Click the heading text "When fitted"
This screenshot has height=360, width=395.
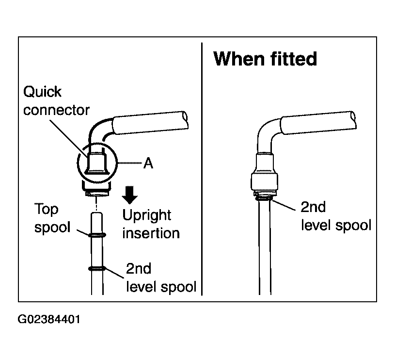click(265, 59)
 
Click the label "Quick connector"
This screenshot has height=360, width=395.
click(56, 101)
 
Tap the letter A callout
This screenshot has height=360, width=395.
click(148, 163)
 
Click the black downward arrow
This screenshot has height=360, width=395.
click(129, 195)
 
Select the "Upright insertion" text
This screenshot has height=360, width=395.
click(151, 224)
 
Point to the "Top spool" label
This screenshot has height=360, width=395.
click(52, 218)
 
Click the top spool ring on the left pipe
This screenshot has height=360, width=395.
click(97, 235)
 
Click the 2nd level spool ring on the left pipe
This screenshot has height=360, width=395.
click(97, 269)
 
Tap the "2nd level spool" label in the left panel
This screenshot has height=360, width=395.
click(161, 278)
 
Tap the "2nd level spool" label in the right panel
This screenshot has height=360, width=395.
click(336, 216)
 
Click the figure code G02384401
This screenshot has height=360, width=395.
click(49, 319)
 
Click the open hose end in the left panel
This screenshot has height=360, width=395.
click(185, 119)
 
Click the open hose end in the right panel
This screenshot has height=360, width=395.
click(353, 119)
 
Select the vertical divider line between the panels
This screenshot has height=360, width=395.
click(202, 169)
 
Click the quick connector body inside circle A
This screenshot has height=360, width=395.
click(97, 164)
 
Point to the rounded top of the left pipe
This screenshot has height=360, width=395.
click(97, 214)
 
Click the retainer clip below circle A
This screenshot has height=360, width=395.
click(96, 188)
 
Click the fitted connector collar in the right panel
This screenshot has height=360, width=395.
click(265, 181)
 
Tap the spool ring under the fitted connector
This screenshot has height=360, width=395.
click(264, 198)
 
